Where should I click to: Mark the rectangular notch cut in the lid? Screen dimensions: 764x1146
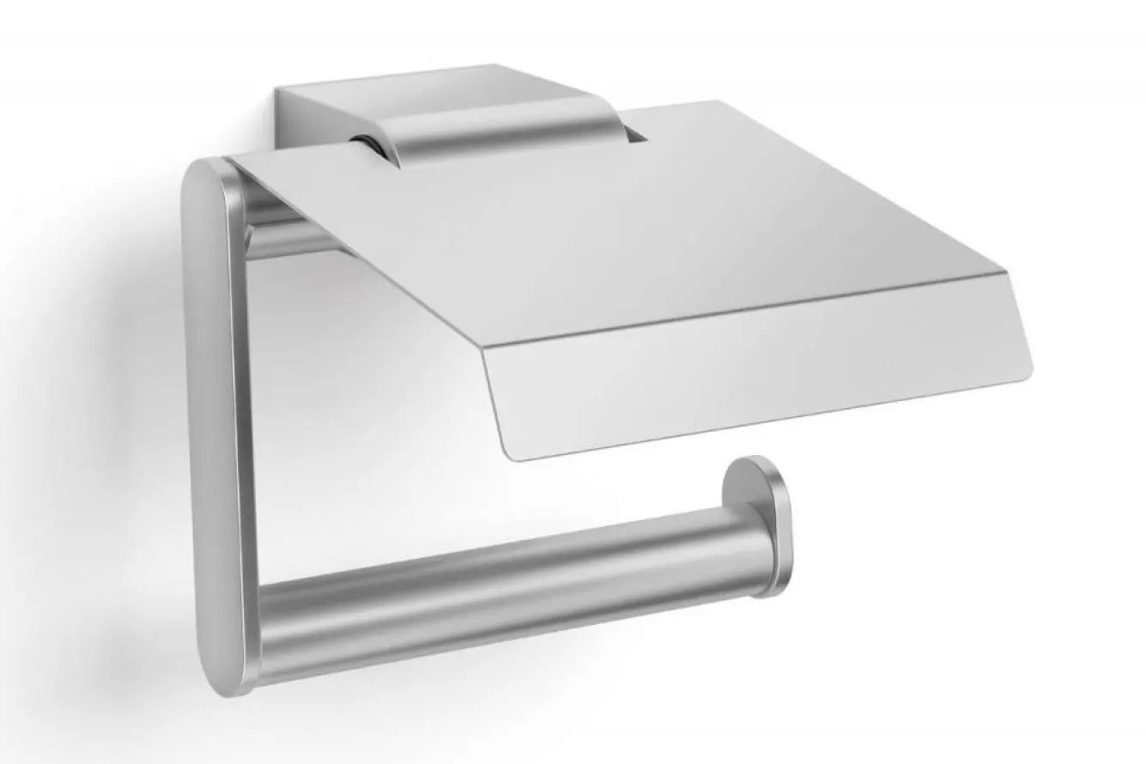(635, 132)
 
